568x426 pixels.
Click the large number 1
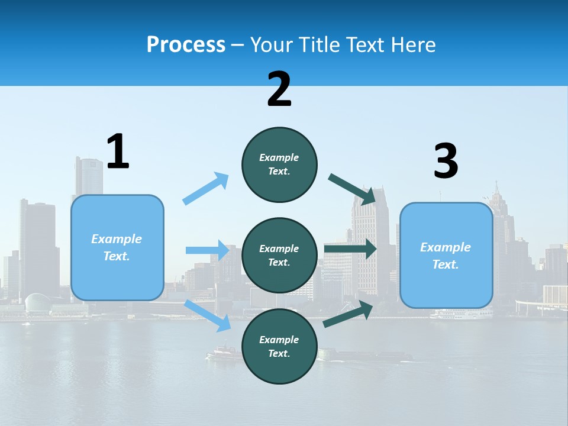118,152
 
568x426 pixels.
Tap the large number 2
279,89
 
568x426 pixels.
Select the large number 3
446,162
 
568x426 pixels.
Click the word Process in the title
186,45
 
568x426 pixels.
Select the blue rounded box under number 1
117,247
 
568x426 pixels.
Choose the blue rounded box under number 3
446,255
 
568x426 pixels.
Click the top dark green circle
279,164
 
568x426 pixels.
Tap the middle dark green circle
279,255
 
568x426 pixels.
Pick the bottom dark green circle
279,346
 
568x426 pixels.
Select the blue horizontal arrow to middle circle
207,250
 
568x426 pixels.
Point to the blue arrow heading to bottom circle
208,315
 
